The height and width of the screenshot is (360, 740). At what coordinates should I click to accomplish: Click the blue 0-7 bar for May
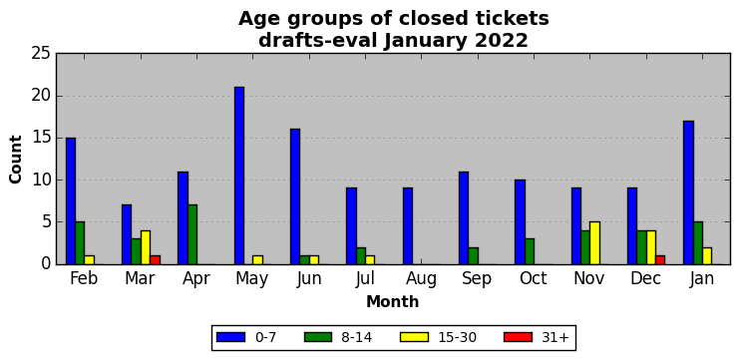click(x=239, y=176)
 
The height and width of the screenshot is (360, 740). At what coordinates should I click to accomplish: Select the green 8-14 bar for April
click(x=192, y=234)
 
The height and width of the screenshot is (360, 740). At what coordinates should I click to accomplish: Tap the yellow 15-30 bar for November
click(x=595, y=243)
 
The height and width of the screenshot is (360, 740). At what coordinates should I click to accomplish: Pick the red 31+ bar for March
click(x=156, y=260)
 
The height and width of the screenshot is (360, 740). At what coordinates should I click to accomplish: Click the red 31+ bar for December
click(x=660, y=260)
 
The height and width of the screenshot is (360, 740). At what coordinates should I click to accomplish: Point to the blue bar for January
click(x=688, y=192)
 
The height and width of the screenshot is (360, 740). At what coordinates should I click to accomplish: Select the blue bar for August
click(x=408, y=226)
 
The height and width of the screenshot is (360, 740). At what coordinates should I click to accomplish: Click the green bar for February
click(x=80, y=243)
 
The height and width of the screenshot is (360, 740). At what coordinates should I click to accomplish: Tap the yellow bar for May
click(x=258, y=260)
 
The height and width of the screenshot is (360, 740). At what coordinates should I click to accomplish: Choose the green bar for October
click(x=530, y=251)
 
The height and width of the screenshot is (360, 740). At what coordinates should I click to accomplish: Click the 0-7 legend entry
click(x=246, y=337)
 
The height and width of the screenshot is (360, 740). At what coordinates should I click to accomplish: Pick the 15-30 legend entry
click(x=439, y=337)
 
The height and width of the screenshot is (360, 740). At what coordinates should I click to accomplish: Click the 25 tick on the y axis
click(x=41, y=54)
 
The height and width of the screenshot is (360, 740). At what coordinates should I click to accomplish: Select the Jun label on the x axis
click(x=309, y=279)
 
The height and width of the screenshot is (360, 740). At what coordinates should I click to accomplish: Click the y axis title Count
click(x=16, y=159)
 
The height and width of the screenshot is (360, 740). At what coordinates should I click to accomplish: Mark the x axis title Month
click(x=393, y=301)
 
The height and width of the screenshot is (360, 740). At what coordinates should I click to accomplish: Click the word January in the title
click(x=426, y=41)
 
